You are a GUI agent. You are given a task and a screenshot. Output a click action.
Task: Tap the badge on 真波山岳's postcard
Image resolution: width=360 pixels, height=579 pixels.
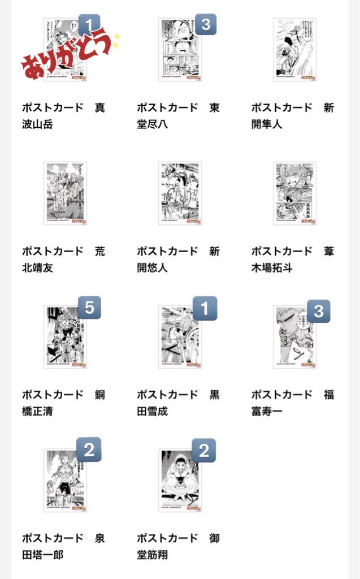(89, 25)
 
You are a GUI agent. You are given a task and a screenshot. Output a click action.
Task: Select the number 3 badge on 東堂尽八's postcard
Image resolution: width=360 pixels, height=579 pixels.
(206, 25)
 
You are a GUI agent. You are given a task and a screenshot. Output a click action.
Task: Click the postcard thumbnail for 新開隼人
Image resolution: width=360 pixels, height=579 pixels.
(294, 50)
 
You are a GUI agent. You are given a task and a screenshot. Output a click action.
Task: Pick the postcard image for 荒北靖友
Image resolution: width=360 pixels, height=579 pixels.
(65, 193)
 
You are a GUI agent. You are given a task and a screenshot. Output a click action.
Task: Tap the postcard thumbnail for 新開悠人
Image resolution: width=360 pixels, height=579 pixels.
(180, 193)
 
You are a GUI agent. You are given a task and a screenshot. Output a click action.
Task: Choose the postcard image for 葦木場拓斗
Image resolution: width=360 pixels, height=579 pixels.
(294, 193)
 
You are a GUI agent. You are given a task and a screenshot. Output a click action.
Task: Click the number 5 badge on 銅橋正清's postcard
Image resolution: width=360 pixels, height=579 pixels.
(89, 309)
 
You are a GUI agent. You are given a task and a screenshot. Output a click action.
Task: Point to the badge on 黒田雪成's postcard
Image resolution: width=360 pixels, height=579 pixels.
(205, 309)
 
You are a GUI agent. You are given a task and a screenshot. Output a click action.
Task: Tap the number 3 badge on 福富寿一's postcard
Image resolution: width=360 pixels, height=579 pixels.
(319, 311)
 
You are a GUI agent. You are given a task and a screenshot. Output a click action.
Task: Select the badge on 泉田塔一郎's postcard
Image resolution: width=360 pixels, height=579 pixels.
(89, 451)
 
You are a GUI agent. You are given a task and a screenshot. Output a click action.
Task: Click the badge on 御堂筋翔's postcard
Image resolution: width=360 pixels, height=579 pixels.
(204, 451)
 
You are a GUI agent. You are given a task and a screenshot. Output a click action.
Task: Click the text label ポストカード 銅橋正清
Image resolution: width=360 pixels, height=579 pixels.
(64, 403)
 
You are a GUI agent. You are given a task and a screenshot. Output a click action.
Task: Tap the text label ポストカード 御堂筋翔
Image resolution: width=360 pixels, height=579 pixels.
(179, 546)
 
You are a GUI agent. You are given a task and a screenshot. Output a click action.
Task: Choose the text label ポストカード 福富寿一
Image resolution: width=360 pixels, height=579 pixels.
(293, 403)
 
